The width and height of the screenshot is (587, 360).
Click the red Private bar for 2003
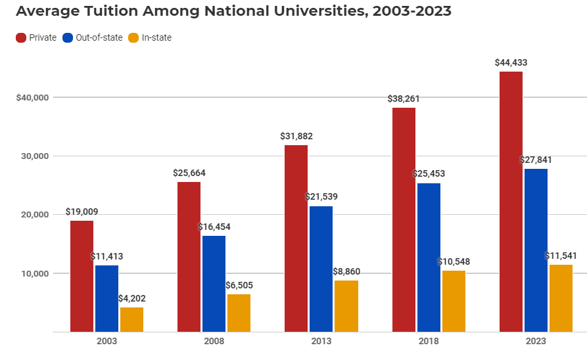coord(82,276)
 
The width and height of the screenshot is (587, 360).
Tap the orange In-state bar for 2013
coord(346,306)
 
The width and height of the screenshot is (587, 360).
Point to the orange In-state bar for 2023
coord(561,298)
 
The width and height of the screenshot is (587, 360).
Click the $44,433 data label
coord(511,62)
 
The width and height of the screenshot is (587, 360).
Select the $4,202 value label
coord(131,298)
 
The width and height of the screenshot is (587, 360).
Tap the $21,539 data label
coord(321,196)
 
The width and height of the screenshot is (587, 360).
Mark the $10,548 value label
coord(454,261)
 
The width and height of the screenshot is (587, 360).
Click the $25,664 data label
coord(189,173)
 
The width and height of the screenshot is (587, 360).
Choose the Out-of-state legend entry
coord(93,37)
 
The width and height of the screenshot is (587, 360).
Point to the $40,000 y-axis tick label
coord(33,97)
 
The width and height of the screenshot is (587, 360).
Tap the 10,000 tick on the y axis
coord(35,273)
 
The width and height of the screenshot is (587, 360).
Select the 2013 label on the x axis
coord(321,342)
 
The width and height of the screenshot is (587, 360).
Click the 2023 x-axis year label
coord(536,342)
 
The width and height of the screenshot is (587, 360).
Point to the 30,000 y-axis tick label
coord(35,156)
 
